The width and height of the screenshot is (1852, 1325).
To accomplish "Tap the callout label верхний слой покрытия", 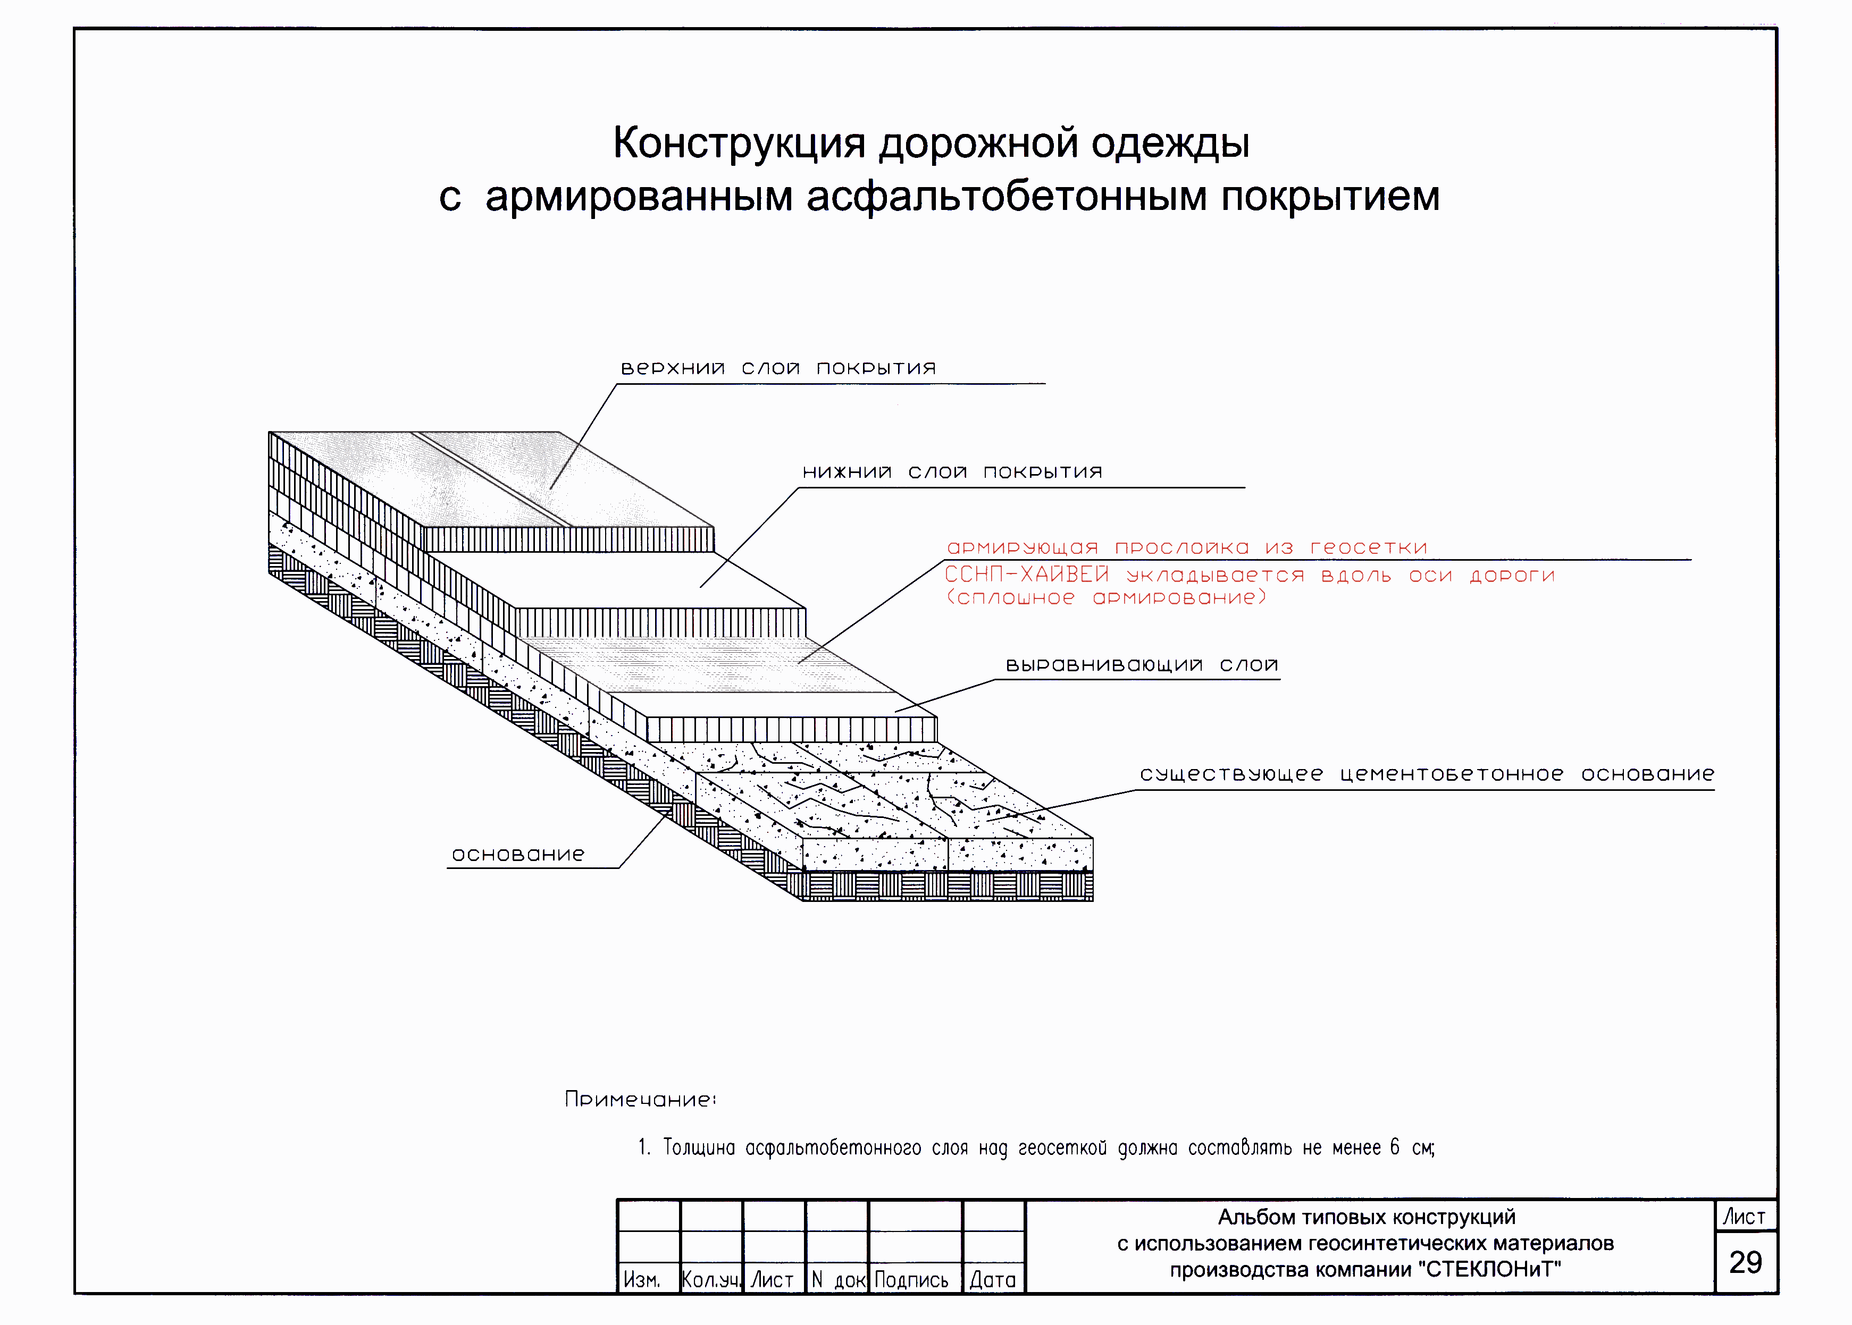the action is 778,368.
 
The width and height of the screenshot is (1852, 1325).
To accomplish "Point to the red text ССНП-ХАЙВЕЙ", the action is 1027,575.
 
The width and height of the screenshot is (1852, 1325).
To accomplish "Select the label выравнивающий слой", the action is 1141,665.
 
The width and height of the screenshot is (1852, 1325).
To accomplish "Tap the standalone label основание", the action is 518,854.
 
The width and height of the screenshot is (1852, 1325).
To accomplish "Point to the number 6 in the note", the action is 1395,1147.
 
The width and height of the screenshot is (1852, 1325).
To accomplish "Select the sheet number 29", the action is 1745,1262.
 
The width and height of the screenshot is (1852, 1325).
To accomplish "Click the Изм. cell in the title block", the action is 642,1279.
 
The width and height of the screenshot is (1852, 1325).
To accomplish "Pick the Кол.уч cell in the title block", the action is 711,1279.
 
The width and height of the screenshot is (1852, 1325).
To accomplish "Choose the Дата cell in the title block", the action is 993,1279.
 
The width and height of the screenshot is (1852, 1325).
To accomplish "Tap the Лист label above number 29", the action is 1744,1217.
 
